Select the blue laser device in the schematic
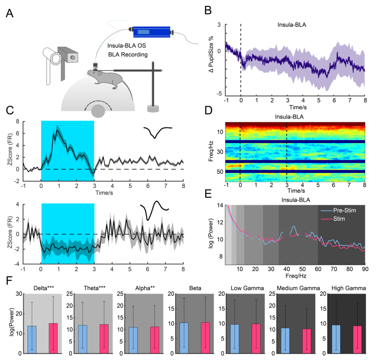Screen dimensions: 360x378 151,32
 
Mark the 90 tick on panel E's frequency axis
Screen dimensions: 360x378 365,269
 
